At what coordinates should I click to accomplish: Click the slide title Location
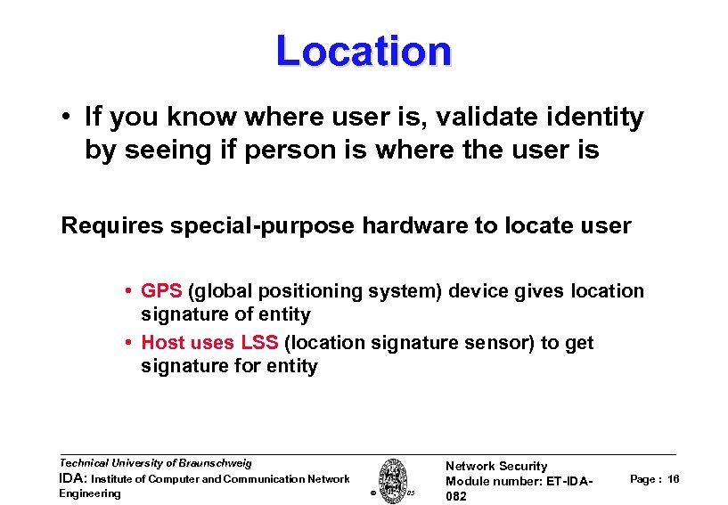(364, 51)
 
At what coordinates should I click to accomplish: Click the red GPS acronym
(161, 291)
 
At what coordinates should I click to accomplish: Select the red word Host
(164, 343)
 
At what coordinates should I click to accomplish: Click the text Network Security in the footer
(496, 466)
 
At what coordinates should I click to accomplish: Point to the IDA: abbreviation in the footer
(72, 479)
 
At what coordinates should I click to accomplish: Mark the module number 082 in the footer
(456, 496)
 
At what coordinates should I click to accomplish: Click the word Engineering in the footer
(90, 493)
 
